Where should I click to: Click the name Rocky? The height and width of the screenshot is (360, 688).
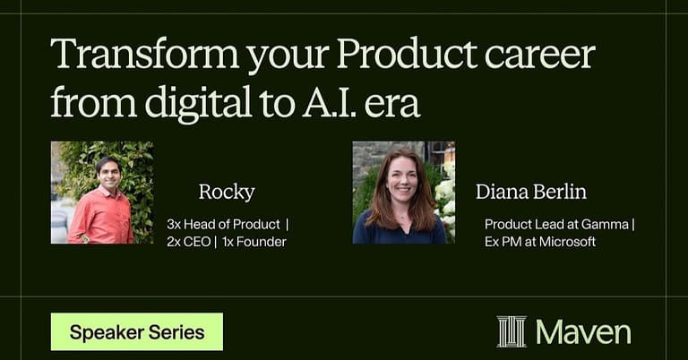[x=227, y=192]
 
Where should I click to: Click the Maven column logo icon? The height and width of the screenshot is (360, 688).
[x=512, y=331]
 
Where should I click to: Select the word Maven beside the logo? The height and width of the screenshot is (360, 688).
[x=583, y=332]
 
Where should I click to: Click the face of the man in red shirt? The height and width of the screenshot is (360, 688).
[x=108, y=172]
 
